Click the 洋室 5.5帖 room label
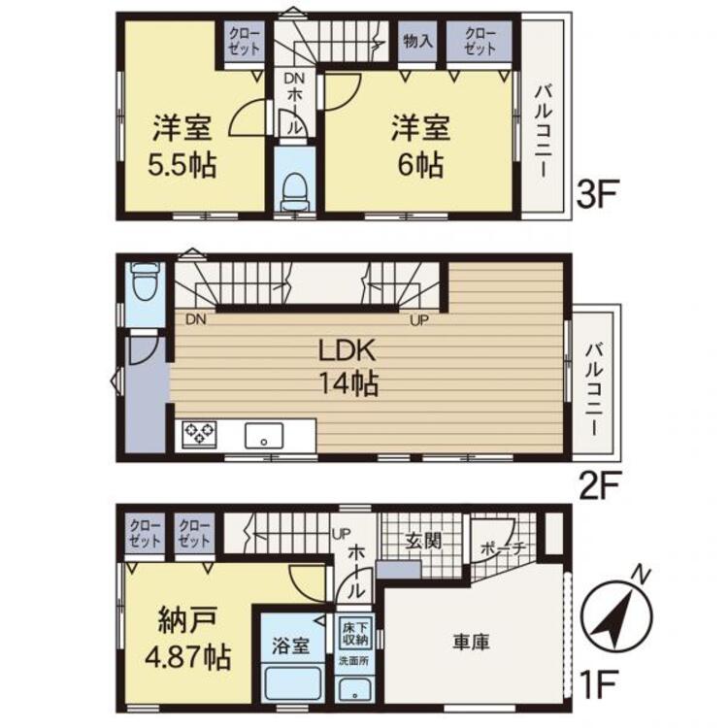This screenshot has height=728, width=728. click(x=182, y=145)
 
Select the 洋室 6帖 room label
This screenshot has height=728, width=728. click(x=418, y=145)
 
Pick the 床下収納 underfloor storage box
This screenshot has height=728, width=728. click(x=354, y=632)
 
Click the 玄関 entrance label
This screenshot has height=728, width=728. click(x=424, y=541)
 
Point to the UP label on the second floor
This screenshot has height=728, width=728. click(x=420, y=319)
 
